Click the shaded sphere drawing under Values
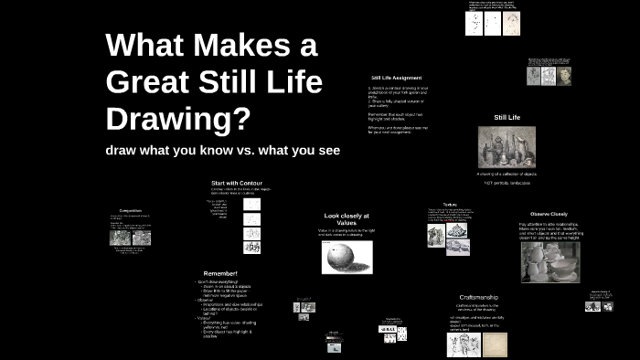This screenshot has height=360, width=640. click(x=347, y=257)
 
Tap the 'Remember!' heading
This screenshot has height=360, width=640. click(x=220, y=273)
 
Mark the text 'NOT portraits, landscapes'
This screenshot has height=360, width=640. click(x=507, y=183)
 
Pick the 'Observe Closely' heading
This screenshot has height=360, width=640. click(x=549, y=213)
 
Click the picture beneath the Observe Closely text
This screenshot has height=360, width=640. click(x=549, y=261)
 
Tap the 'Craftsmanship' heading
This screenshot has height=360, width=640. click(x=479, y=298)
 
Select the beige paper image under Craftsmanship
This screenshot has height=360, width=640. click(x=494, y=344)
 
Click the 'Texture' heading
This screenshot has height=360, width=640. click(x=450, y=205)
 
